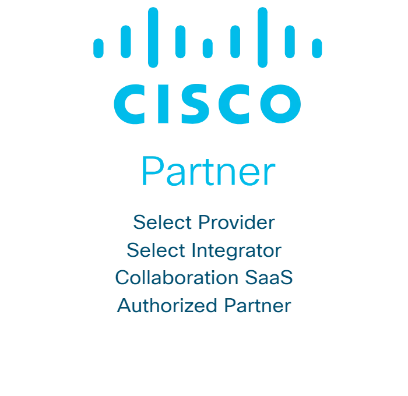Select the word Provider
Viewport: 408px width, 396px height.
click(x=236, y=222)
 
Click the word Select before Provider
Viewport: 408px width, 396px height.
click(x=163, y=222)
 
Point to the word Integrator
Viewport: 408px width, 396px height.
click(x=237, y=250)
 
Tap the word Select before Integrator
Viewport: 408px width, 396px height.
click(x=156, y=250)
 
